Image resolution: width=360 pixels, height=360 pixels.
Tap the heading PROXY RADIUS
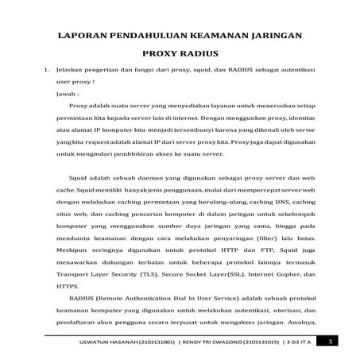click(180, 57)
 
